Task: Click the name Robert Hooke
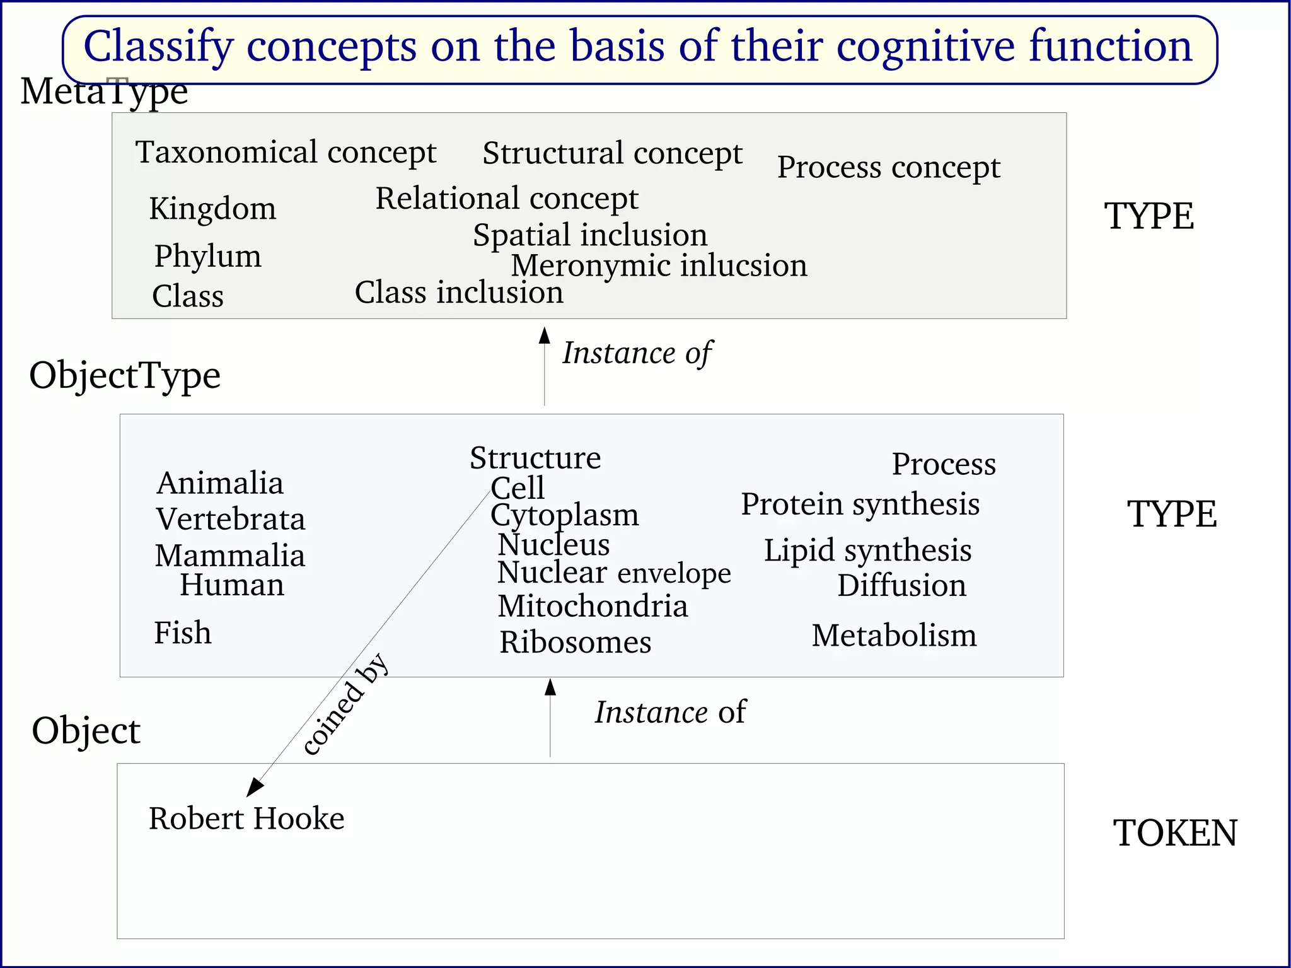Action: [x=246, y=819]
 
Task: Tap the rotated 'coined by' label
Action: [x=345, y=704]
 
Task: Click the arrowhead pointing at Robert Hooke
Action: [x=254, y=787]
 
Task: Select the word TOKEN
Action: [x=1175, y=833]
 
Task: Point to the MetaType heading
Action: [x=104, y=91]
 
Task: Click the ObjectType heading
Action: [x=125, y=375]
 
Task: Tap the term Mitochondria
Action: [x=593, y=606]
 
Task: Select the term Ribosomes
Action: [x=575, y=643]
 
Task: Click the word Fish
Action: [x=183, y=633]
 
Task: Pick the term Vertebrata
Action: [x=231, y=520]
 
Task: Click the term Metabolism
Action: [x=894, y=635]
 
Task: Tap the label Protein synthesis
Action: [x=860, y=504]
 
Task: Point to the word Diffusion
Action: [x=901, y=585]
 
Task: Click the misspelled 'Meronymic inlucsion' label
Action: [x=659, y=265]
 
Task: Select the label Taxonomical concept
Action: [x=286, y=153]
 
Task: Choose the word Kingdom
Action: [x=212, y=209]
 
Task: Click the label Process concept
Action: [x=888, y=167]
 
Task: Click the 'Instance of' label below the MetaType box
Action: [x=637, y=353]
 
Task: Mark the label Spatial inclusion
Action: [x=590, y=235]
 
